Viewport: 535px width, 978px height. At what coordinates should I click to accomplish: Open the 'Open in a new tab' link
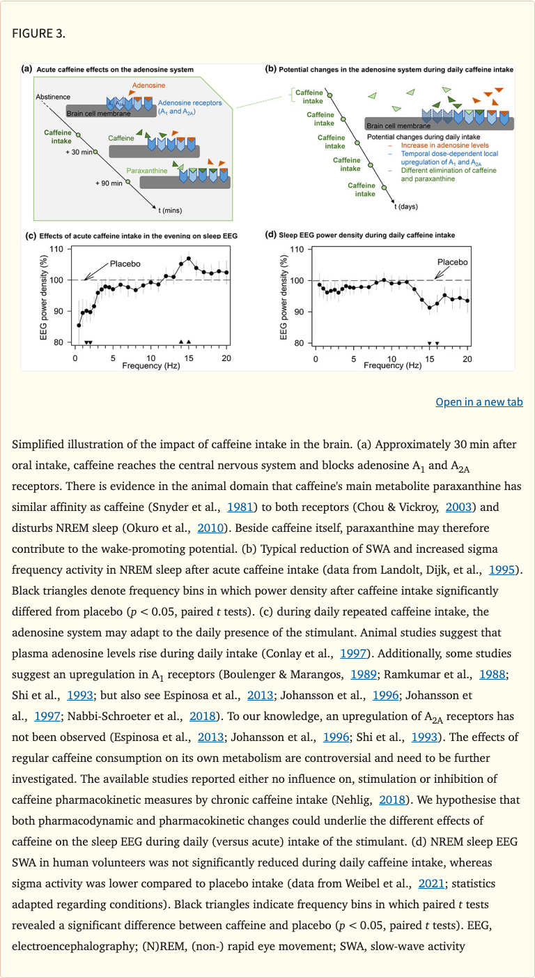coord(479,402)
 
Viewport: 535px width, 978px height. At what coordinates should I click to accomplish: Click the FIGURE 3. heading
coord(39,34)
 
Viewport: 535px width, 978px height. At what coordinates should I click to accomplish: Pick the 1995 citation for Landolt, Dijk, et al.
coord(502,570)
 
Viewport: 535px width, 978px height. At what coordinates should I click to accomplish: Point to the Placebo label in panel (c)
coord(125,264)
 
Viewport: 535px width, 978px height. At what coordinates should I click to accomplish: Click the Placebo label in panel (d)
coord(452,263)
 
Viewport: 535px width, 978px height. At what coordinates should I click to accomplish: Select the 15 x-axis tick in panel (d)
coord(429,359)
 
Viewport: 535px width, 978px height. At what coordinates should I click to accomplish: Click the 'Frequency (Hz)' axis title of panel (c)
coord(151,366)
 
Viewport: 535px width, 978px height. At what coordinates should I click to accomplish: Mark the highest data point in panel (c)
coord(189,259)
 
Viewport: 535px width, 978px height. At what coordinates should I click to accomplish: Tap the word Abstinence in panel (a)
coord(53,96)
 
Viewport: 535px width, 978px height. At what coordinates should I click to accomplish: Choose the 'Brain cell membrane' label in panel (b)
coord(399,126)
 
